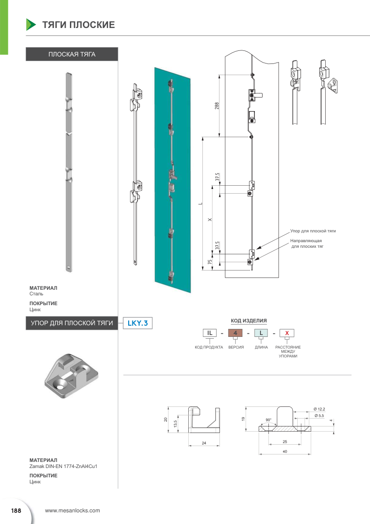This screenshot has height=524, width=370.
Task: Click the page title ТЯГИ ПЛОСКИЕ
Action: tap(78, 25)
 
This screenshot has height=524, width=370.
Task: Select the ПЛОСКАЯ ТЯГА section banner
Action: tap(72, 54)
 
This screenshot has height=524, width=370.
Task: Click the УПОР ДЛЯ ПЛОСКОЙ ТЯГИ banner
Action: tap(72, 322)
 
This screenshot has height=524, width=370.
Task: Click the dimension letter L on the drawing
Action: tap(199, 203)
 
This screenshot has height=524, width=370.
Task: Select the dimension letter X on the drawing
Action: tap(210, 220)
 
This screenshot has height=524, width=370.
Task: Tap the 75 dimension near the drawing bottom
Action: tap(210, 262)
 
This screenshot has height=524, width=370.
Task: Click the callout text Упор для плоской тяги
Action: tap(313, 231)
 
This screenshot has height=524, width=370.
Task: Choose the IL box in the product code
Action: tap(210, 333)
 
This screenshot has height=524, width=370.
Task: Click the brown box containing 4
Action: tap(235, 333)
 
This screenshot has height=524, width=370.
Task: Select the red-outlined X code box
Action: tap(287, 333)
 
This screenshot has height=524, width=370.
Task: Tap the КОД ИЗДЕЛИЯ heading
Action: tap(249, 321)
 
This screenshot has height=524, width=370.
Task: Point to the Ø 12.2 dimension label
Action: tap(319, 409)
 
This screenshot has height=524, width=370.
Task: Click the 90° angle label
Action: tap(268, 420)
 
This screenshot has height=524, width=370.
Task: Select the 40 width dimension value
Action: tap(284, 451)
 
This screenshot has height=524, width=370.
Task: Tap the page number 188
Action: tap(16, 510)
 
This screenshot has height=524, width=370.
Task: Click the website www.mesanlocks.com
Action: tap(72, 510)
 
